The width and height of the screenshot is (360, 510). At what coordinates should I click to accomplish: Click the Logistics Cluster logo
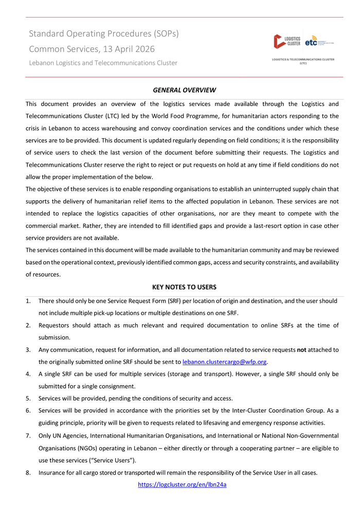[x=287, y=41]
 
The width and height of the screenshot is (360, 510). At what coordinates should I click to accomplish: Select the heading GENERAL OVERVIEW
[x=184, y=90]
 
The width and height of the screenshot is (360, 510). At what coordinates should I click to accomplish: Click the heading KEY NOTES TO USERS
[x=184, y=287]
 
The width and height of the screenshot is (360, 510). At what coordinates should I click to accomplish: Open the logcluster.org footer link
[x=183, y=484]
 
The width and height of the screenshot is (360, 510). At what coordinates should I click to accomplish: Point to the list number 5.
[x=28, y=398]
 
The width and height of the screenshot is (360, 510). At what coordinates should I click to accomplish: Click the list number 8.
[x=28, y=473]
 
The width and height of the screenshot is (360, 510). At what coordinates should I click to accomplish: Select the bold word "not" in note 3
[x=302, y=350]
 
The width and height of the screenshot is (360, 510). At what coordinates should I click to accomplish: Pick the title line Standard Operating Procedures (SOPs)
[x=104, y=34]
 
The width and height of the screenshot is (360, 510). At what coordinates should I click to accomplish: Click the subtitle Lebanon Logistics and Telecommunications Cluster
[x=103, y=63]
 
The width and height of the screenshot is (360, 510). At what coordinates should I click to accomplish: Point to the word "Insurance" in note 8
[x=52, y=473]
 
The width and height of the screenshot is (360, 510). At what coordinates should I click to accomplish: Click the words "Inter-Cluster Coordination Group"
[x=266, y=411]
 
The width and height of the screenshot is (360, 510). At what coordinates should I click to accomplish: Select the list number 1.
[x=28, y=301]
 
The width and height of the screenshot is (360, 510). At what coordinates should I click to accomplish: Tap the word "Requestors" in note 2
[x=56, y=325]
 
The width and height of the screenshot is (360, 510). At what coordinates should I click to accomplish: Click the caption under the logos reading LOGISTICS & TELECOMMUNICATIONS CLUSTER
[x=303, y=60]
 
